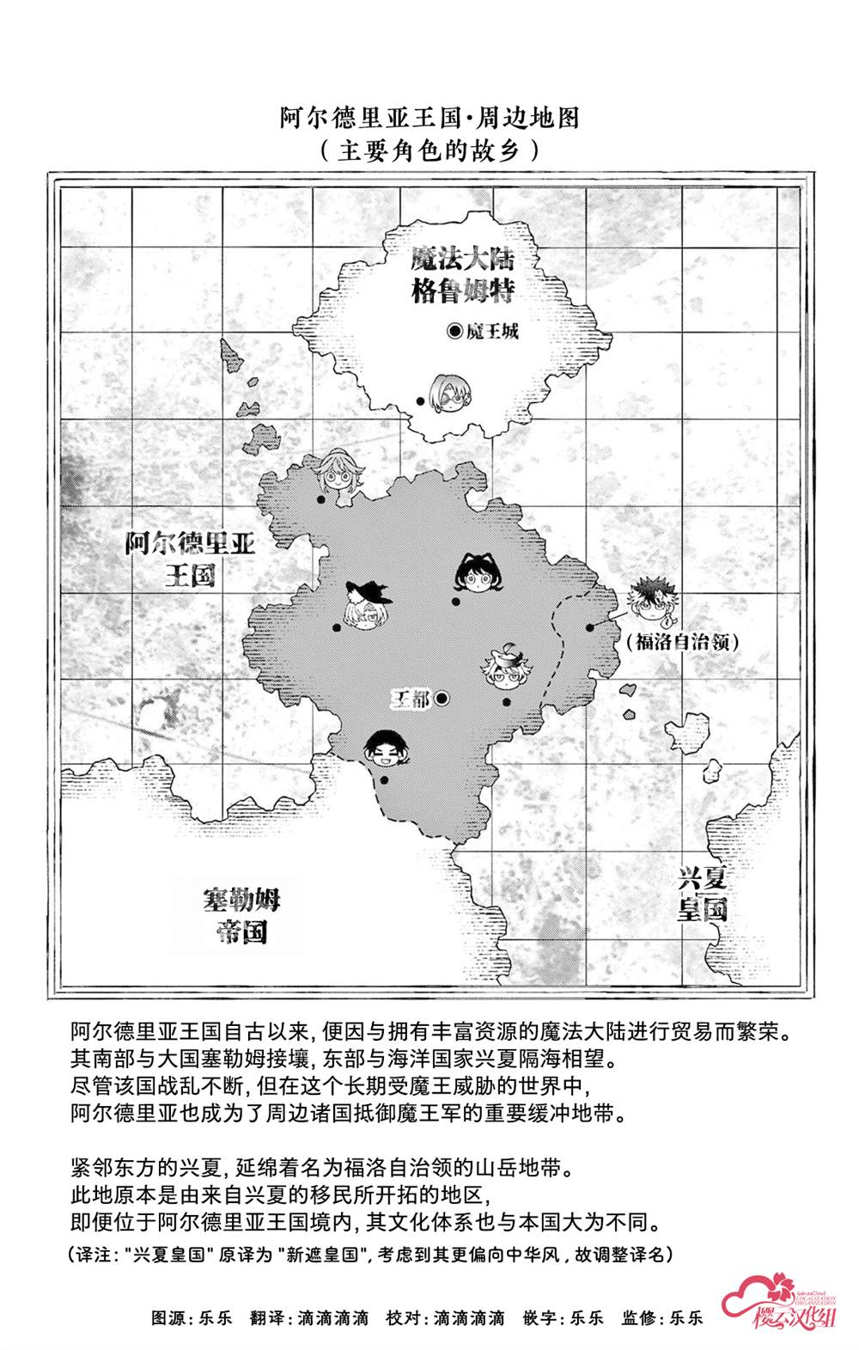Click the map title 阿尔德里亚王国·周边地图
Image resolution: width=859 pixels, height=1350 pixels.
[x=429, y=117]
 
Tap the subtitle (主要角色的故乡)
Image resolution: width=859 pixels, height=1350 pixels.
[x=429, y=151]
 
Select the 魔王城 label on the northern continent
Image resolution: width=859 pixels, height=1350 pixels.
[x=493, y=332]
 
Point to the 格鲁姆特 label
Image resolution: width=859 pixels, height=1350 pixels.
[x=463, y=292]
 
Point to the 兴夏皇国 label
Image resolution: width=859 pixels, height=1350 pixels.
[x=703, y=894]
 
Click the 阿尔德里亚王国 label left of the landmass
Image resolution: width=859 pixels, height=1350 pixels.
[x=190, y=559]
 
